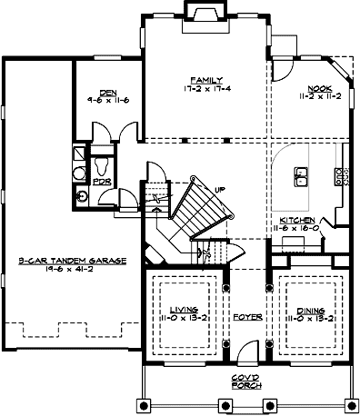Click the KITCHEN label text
point(296,221)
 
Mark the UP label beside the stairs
point(219,189)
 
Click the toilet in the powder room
point(102,166)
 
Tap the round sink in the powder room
point(84,193)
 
